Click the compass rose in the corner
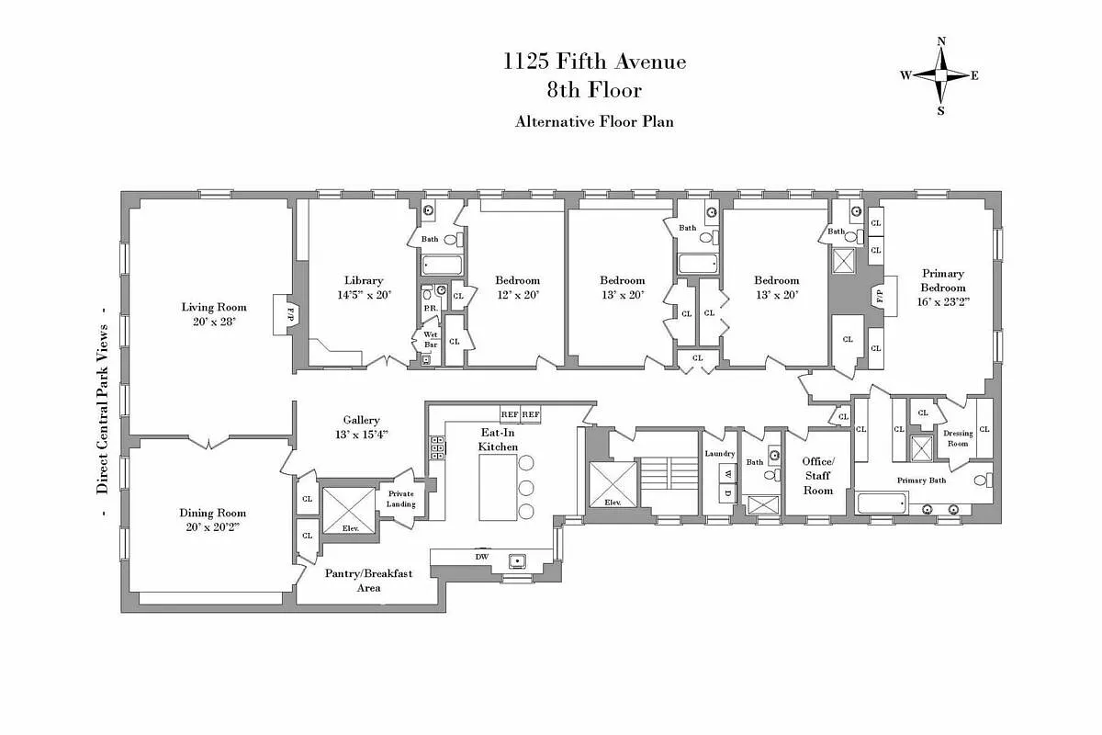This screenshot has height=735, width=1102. click(940, 75)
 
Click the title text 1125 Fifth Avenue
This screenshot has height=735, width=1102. click(594, 62)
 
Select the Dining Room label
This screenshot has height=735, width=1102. click(212, 514)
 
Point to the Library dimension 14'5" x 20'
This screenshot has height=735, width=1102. click(364, 295)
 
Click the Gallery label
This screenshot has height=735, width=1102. click(361, 420)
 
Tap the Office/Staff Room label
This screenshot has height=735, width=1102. click(817, 475)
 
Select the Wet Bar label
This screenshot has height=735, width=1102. click(430, 339)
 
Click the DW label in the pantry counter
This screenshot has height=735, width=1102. click(480, 557)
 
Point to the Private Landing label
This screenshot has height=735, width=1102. click(401, 499)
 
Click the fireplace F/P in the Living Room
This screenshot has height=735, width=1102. click(288, 314)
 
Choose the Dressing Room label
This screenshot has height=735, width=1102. click(958, 438)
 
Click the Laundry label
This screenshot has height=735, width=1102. click(720, 454)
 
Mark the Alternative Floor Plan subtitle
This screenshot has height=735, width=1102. click(594, 121)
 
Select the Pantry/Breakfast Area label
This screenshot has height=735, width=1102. click(368, 580)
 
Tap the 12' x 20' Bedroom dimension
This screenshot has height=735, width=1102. click(517, 295)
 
